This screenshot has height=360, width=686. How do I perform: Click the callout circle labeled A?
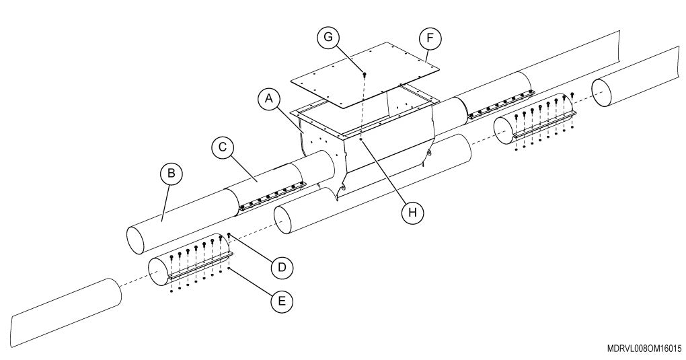point(269,100)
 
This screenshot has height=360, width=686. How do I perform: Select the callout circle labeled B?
point(171,174)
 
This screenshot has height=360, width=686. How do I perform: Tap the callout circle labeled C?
point(221,145)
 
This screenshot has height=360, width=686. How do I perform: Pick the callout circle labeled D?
point(281,267)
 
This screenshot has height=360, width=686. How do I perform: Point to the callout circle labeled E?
point(281,300)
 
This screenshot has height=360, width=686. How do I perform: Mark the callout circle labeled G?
point(328,37)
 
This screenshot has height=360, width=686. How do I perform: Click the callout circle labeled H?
point(412,212)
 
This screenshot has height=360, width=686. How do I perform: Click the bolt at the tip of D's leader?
point(229,236)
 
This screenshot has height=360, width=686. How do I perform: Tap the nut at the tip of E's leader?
point(229,268)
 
